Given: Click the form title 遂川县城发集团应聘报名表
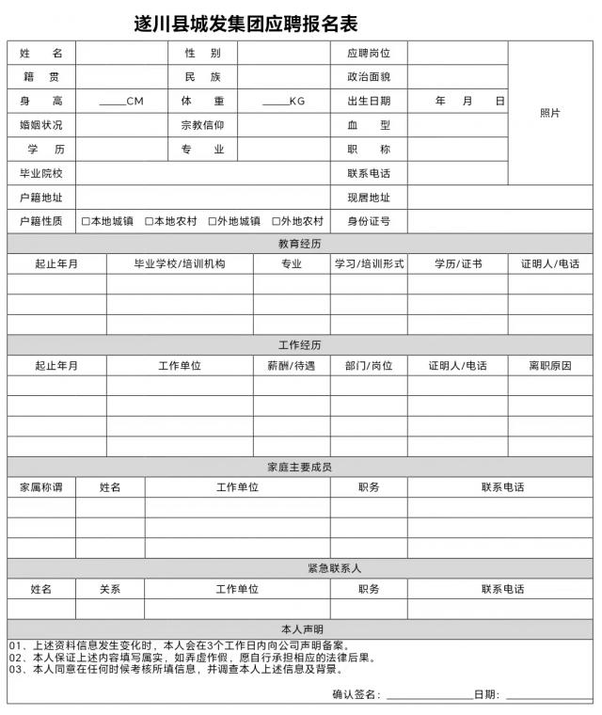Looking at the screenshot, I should pos(246,24).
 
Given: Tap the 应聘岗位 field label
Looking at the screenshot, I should pos(369,54).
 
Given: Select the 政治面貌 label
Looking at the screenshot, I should pos(369,77).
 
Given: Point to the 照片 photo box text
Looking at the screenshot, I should pos(550,113).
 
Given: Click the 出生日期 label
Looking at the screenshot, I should pos(369,101).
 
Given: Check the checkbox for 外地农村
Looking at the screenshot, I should pos(276,222).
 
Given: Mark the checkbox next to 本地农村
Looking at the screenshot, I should pos(149,222).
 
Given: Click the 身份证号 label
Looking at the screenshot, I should pos(369,222).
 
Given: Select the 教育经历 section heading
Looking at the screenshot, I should pos(300,244).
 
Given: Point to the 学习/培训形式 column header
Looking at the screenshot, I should pos(369,264).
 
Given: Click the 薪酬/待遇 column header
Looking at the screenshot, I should pos(292,366).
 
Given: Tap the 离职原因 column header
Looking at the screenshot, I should pos(550,366).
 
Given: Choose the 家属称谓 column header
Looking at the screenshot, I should pos(41,487).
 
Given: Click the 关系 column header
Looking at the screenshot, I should pos(110,589).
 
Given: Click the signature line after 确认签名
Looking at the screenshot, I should pos(429,695).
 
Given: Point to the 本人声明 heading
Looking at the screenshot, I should pos(302,629).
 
